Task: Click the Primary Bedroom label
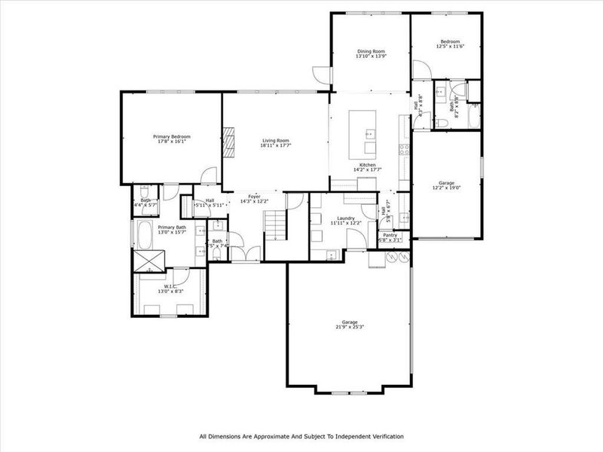click(x=172, y=136)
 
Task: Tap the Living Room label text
click(x=275, y=140)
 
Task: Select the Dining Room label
click(x=371, y=51)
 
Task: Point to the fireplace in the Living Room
click(x=230, y=141)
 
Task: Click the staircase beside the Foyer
click(x=276, y=224)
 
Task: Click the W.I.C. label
click(x=171, y=286)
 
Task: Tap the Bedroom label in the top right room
click(x=450, y=41)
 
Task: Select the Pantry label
click(x=390, y=235)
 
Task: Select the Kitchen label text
click(x=367, y=164)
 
